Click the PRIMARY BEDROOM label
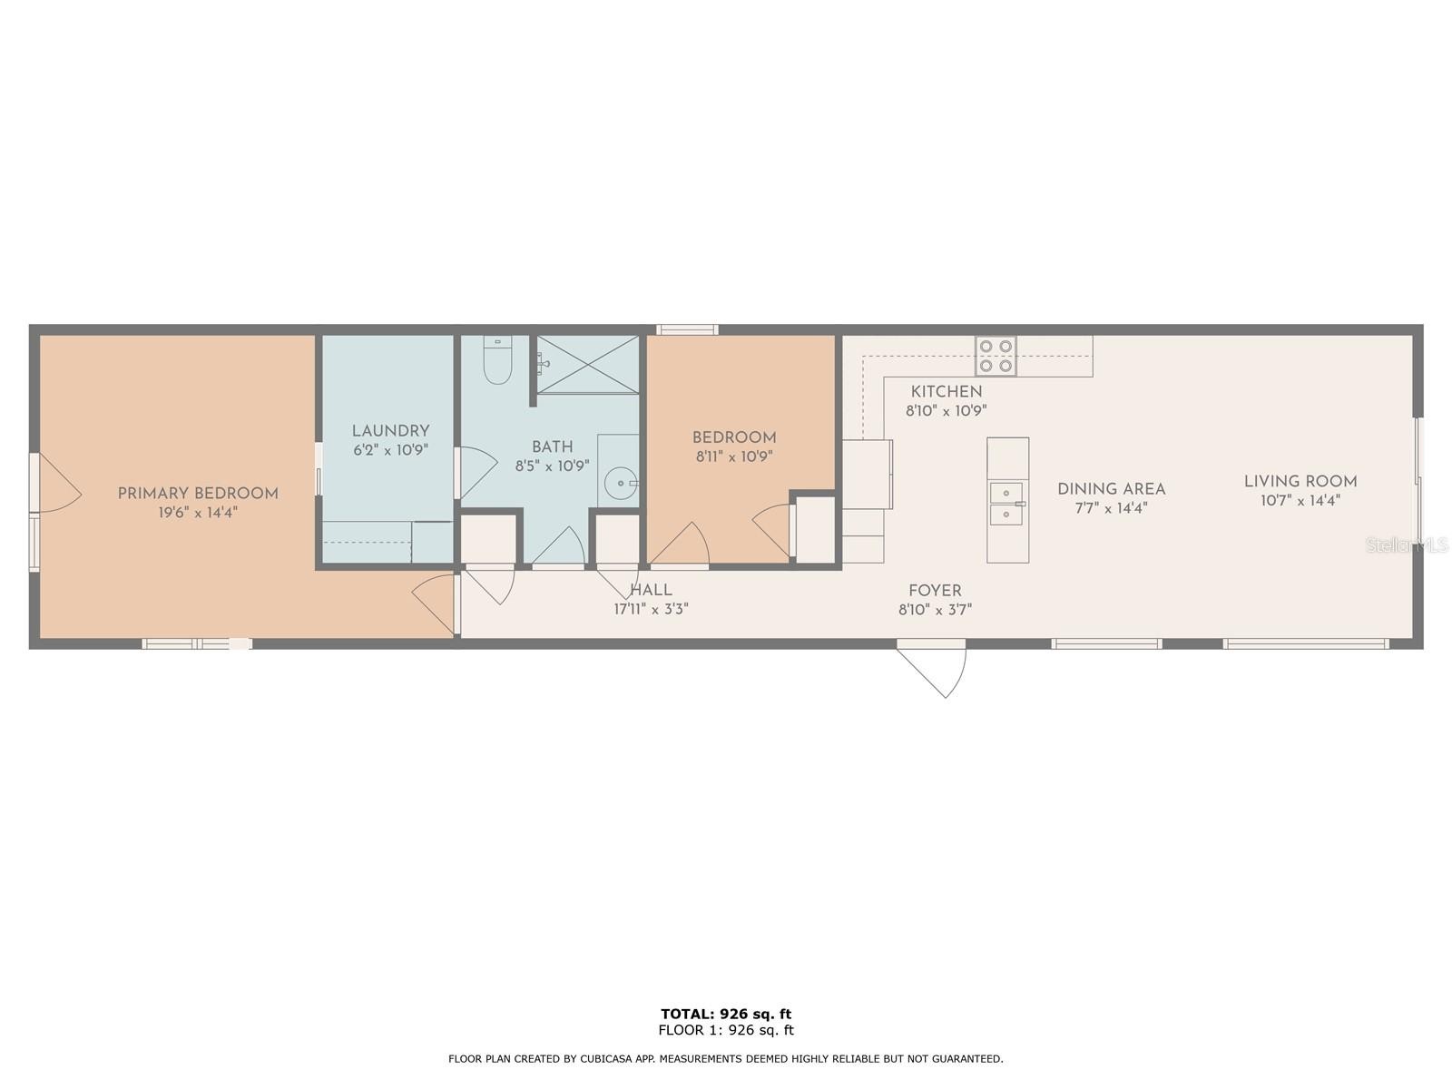pos(198,494)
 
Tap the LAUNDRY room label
pos(390,431)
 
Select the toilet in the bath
pos(497,359)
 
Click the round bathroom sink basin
pos(621,483)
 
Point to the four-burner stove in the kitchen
pos(996,357)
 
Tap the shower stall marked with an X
pos(587,364)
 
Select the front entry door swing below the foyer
pos(931,670)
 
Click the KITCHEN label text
pos(946,391)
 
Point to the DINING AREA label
pos(1112,489)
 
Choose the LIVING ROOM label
pos(1300,481)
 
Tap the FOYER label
pos(935,591)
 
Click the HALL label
pos(651,590)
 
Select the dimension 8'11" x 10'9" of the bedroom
pos(734,456)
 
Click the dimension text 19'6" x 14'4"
pos(198,513)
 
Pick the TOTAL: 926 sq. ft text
pos(726,1014)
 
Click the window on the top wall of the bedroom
pos(687,329)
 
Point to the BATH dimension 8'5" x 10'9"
pos(553,466)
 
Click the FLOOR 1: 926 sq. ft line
pos(726,1030)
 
